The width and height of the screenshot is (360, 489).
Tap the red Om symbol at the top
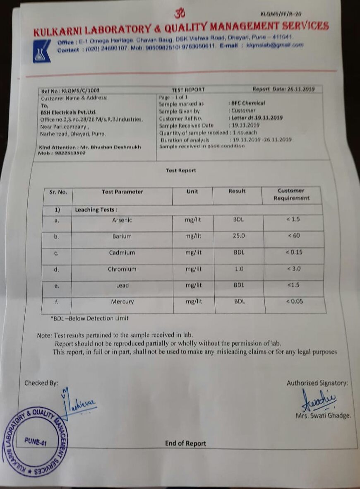[x=180, y=14]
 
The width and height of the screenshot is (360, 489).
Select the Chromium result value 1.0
[x=239, y=269]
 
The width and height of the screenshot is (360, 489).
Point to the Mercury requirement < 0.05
[x=294, y=301]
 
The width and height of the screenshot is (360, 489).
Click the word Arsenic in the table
[x=122, y=220]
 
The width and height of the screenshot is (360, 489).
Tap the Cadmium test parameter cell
[x=122, y=253]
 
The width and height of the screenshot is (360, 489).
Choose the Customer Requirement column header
[x=291, y=195]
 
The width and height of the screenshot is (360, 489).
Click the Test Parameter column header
[x=122, y=192]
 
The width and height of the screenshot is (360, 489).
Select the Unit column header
[x=192, y=192]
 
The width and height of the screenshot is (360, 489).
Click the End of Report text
[x=185, y=443]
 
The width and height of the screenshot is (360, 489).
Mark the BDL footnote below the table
[x=89, y=318]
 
